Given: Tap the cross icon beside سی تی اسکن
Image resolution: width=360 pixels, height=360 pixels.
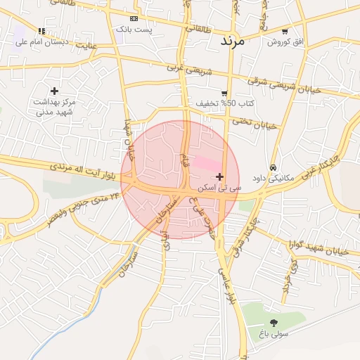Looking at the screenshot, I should click(221, 176).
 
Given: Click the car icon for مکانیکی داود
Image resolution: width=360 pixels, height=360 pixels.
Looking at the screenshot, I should click(273, 168).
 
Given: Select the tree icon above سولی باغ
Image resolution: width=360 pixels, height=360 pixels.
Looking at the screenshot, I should click(274, 322).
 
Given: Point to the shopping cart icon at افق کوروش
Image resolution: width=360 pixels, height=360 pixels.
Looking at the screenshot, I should click(284, 31).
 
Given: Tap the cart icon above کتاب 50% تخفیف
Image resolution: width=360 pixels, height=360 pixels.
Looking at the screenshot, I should click(224, 93).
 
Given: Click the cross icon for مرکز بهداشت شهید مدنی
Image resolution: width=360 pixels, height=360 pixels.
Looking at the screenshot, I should click(54, 91).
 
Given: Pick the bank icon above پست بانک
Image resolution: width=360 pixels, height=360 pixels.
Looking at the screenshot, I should click(134, 19).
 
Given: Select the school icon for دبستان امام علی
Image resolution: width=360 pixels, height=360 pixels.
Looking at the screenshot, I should click(41, 31).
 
